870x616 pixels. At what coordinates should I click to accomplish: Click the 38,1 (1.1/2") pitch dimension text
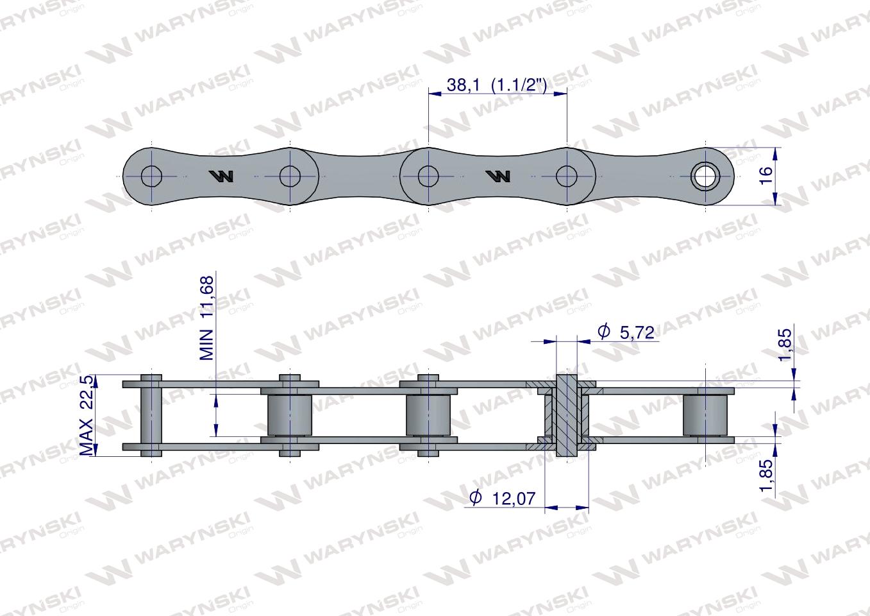497,85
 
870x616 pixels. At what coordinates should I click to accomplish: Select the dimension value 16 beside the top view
765,176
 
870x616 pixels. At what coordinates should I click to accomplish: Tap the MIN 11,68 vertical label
206,318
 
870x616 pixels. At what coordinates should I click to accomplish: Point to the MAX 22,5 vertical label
87,415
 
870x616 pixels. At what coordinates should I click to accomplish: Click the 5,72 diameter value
637,333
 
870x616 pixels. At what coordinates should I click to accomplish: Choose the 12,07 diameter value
514,499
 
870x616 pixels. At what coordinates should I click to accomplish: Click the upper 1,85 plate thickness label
785,345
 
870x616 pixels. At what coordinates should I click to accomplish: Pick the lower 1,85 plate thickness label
766,475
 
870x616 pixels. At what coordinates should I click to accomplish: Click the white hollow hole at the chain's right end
705,176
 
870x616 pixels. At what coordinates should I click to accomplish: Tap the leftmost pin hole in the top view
151,176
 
